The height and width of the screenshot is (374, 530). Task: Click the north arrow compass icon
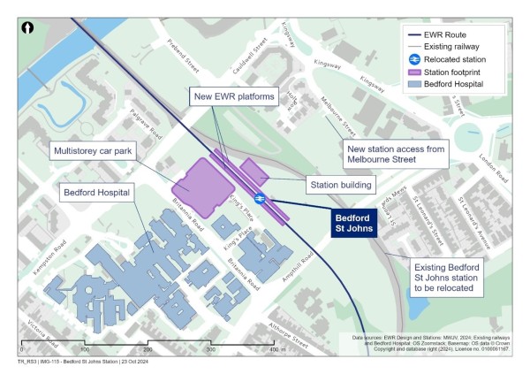pos(27,28)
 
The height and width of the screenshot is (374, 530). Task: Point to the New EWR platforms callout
pos(234,95)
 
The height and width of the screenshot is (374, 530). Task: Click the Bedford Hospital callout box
pos(98,193)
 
